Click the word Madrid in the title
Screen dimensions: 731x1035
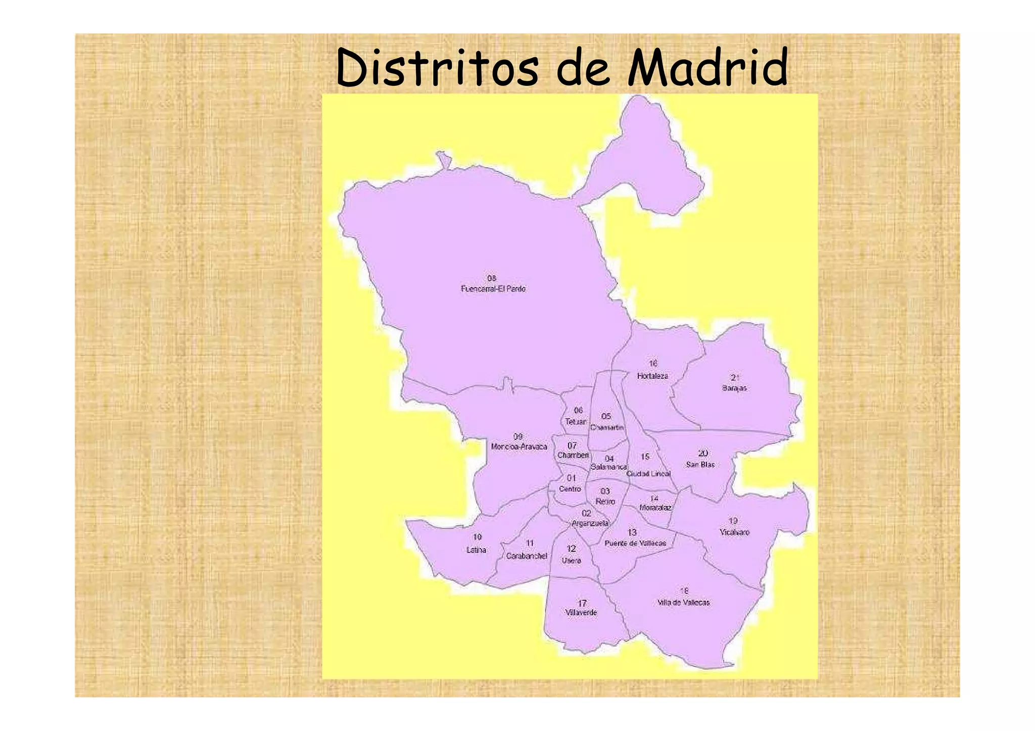click(x=707, y=68)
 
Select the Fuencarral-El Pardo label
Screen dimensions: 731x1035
click(x=493, y=289)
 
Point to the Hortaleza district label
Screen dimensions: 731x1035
click(x=652, y=376)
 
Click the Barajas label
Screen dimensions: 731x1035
click(x=734, y=388)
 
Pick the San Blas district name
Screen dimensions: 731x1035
click(x=700, y=464)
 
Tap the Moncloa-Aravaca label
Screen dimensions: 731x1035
click(x=519, y=447)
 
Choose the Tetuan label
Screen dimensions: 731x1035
click(x=576, y=422)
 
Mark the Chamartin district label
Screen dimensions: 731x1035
click(x=607, y=427)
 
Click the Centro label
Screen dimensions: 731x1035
click(x=570, y=489)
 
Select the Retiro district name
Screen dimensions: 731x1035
click(x=605, y=502)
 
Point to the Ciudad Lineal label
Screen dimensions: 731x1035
click(x=648, y=474)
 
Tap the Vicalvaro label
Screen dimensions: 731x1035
click(x=734, y=532)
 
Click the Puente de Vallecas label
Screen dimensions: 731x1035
click(x=635, y=544)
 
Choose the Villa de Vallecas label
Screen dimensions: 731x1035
click(x=683, y=603)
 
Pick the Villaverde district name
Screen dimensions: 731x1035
click(x=581, y=613)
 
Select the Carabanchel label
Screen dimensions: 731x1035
click(x=527, y=556)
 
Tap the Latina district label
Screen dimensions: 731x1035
click(x=476, y=550)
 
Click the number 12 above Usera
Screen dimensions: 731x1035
click(x=571, y=549)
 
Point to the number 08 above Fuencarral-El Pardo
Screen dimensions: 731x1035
click(x=492, y=278)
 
